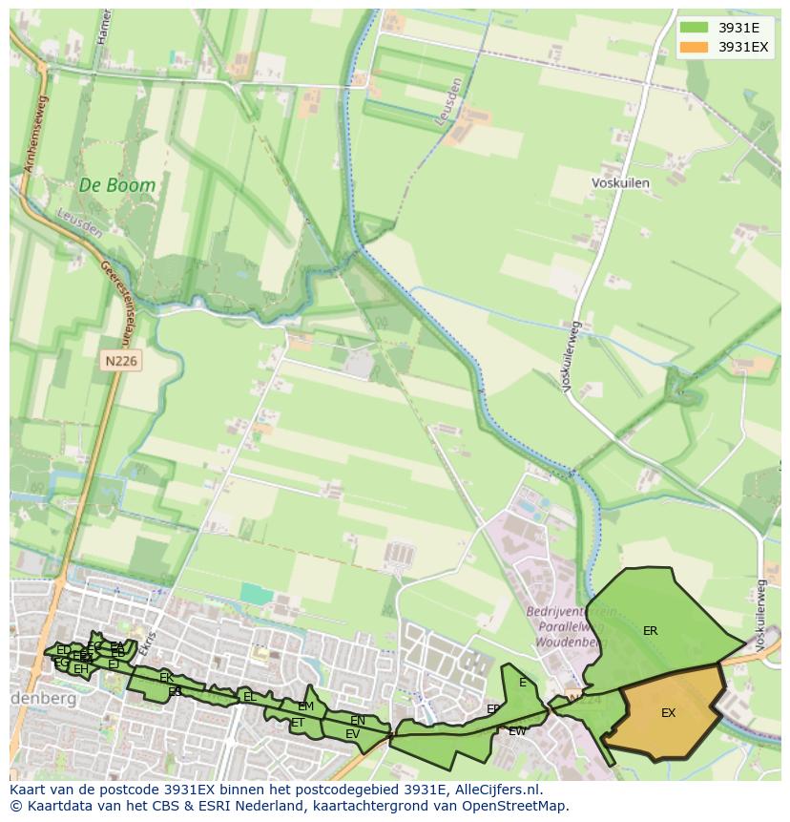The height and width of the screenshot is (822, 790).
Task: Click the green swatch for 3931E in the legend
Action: (694, 27)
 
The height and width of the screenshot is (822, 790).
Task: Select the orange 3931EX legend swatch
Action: (694, 47)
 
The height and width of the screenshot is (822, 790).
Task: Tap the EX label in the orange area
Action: (668, 713)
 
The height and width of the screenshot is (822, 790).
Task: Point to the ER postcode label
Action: (650, 631)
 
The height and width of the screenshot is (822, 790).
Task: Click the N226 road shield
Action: (120, 361)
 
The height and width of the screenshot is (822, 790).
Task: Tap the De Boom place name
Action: (116, 186)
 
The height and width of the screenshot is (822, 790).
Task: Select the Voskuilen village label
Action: (620, 182)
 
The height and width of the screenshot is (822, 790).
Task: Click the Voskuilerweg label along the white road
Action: (572, 356)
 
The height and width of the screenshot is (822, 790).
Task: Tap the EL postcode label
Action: (250, 697)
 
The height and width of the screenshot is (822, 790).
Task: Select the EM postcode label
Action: (305, 706)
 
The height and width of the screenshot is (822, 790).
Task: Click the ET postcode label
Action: (297, 723)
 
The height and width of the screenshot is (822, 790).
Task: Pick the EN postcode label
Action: (358, 721)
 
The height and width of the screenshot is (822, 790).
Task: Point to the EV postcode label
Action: (352, 734)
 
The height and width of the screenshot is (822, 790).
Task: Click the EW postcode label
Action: (517, 731)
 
